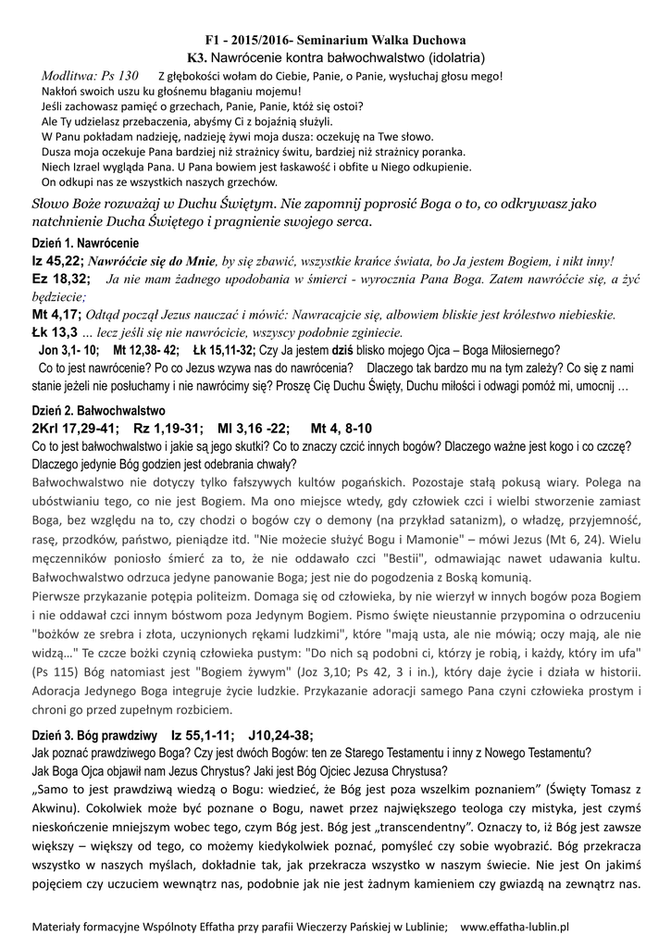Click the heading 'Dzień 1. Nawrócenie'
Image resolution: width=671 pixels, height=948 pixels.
point(79,243)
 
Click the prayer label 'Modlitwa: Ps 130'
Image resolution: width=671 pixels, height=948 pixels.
point(92,75)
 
